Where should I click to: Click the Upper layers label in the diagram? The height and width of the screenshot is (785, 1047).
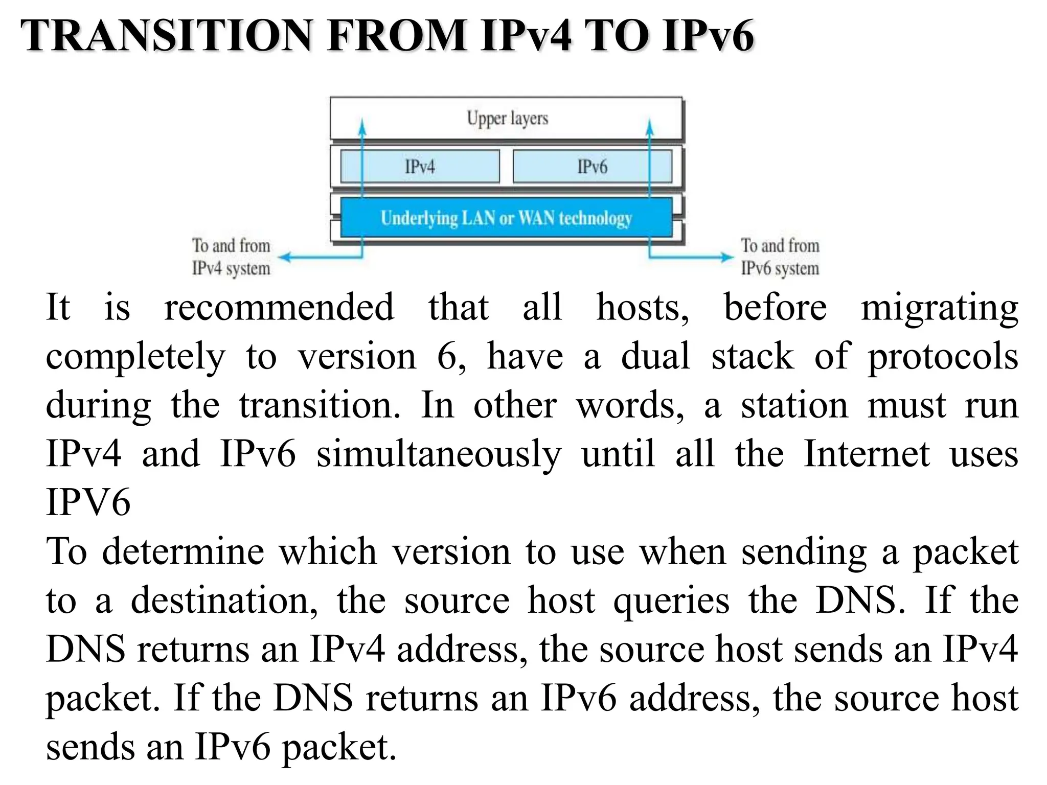click(507, 119)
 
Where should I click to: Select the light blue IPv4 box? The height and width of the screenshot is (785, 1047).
click(419, 166)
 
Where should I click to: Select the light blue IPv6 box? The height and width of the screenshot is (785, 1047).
click(592, 166)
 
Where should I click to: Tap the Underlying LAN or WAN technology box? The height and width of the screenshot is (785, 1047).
click(506, 218)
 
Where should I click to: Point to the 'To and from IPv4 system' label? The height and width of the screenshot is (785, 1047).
click(231, 257)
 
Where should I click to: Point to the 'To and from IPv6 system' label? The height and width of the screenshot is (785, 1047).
click(780, 257)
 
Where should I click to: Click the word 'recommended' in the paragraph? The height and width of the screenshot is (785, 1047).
click(279, 308)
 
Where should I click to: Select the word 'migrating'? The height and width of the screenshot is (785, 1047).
click(939, 309)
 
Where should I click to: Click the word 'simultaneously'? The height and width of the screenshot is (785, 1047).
click(438, 454)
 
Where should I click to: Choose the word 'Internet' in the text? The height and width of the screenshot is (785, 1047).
click(867, 453)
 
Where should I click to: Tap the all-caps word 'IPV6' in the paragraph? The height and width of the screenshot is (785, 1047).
click(88, 502)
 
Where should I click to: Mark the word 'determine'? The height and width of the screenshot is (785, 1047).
click(183, 552)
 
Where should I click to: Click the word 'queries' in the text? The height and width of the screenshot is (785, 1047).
click(671, 601)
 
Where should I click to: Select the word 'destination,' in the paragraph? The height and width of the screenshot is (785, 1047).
click(224, 601)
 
